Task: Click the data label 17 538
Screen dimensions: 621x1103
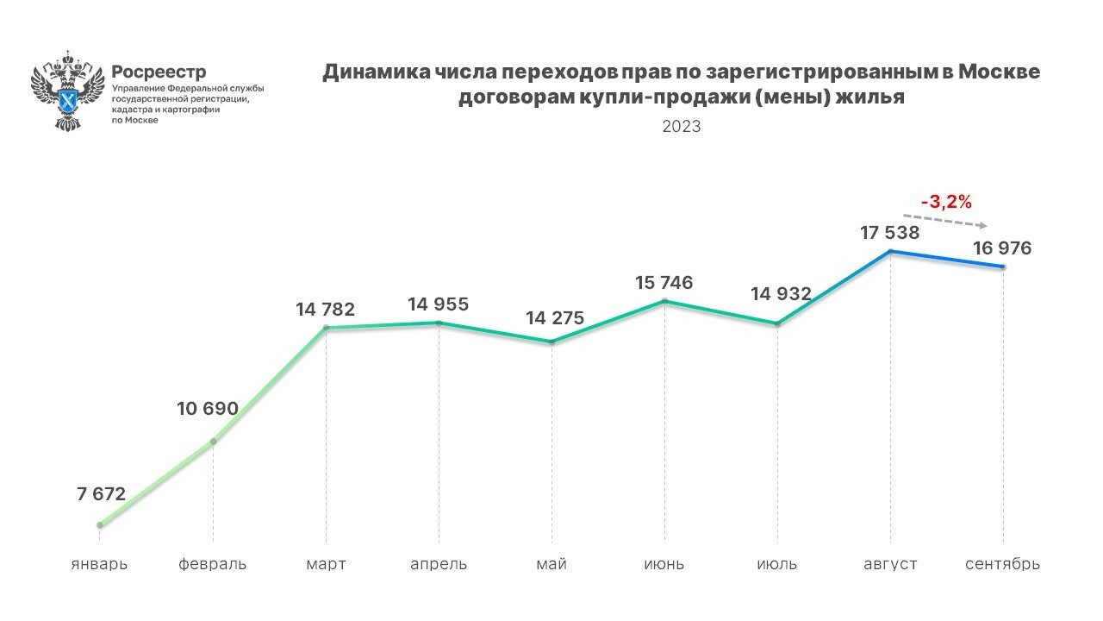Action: pos(889,232)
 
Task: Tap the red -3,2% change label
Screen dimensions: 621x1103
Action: pos(946,203)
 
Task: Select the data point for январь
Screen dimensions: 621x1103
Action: pos(100,524)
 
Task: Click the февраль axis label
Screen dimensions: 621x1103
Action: pos(213,564)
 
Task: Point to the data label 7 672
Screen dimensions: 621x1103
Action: pos(101,494)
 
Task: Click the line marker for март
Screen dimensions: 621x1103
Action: pos(326,328)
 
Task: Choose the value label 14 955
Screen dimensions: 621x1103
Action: pos(439,304)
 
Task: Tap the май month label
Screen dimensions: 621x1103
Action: pos(551,564)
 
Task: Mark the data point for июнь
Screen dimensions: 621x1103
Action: pos(664,301)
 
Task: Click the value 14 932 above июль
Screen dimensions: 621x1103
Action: pos(781,293)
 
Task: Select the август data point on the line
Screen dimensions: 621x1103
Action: pos(890,251)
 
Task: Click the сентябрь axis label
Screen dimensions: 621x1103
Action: pos(1002,564)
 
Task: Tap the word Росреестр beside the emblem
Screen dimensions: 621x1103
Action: pos(159,72)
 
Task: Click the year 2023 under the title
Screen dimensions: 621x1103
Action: pos(682,126)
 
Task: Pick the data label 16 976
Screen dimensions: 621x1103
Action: pos(1002,248)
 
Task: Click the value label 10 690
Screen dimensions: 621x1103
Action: pos(208,408)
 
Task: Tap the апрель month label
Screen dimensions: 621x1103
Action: pos(439,564)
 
